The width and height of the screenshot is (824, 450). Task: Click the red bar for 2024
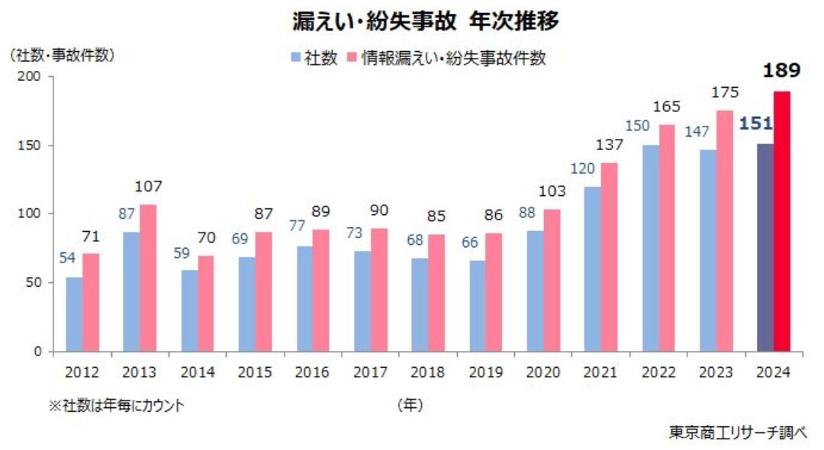[x=782, y=221]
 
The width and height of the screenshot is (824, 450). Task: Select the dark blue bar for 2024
[x=764, y=248]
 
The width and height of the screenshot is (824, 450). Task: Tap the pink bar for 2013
[x=149, y=278]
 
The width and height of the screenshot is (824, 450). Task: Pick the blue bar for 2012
[x=74, y=314]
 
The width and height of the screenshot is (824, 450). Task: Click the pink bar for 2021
[x=610, y=257]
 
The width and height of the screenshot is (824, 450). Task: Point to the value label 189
[x=781, y=72]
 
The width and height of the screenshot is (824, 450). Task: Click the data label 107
[x=149, y=187]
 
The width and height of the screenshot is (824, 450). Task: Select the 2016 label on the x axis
[x=312, y=373]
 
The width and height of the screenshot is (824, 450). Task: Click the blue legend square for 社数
[x=295, y=59]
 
